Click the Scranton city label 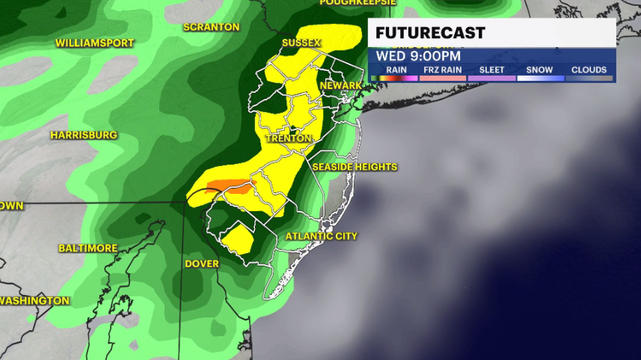click(212, 28)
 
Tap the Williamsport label click(94, 43)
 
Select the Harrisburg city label click(84, 135)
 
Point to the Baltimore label click(88, 248)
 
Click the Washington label click(34, 301)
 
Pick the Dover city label click(202, 263)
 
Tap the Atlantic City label click(322, 237)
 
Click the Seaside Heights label click(355, 167)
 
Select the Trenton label click(287, 139)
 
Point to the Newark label click(341, 86)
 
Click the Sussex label click(301, 43)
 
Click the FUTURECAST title click(430, 34)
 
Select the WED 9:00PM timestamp click(418, 56)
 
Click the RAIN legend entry click(396, 70)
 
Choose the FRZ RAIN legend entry click(441, 70)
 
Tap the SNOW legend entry click(539, 70)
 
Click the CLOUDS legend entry click(589, 70)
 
